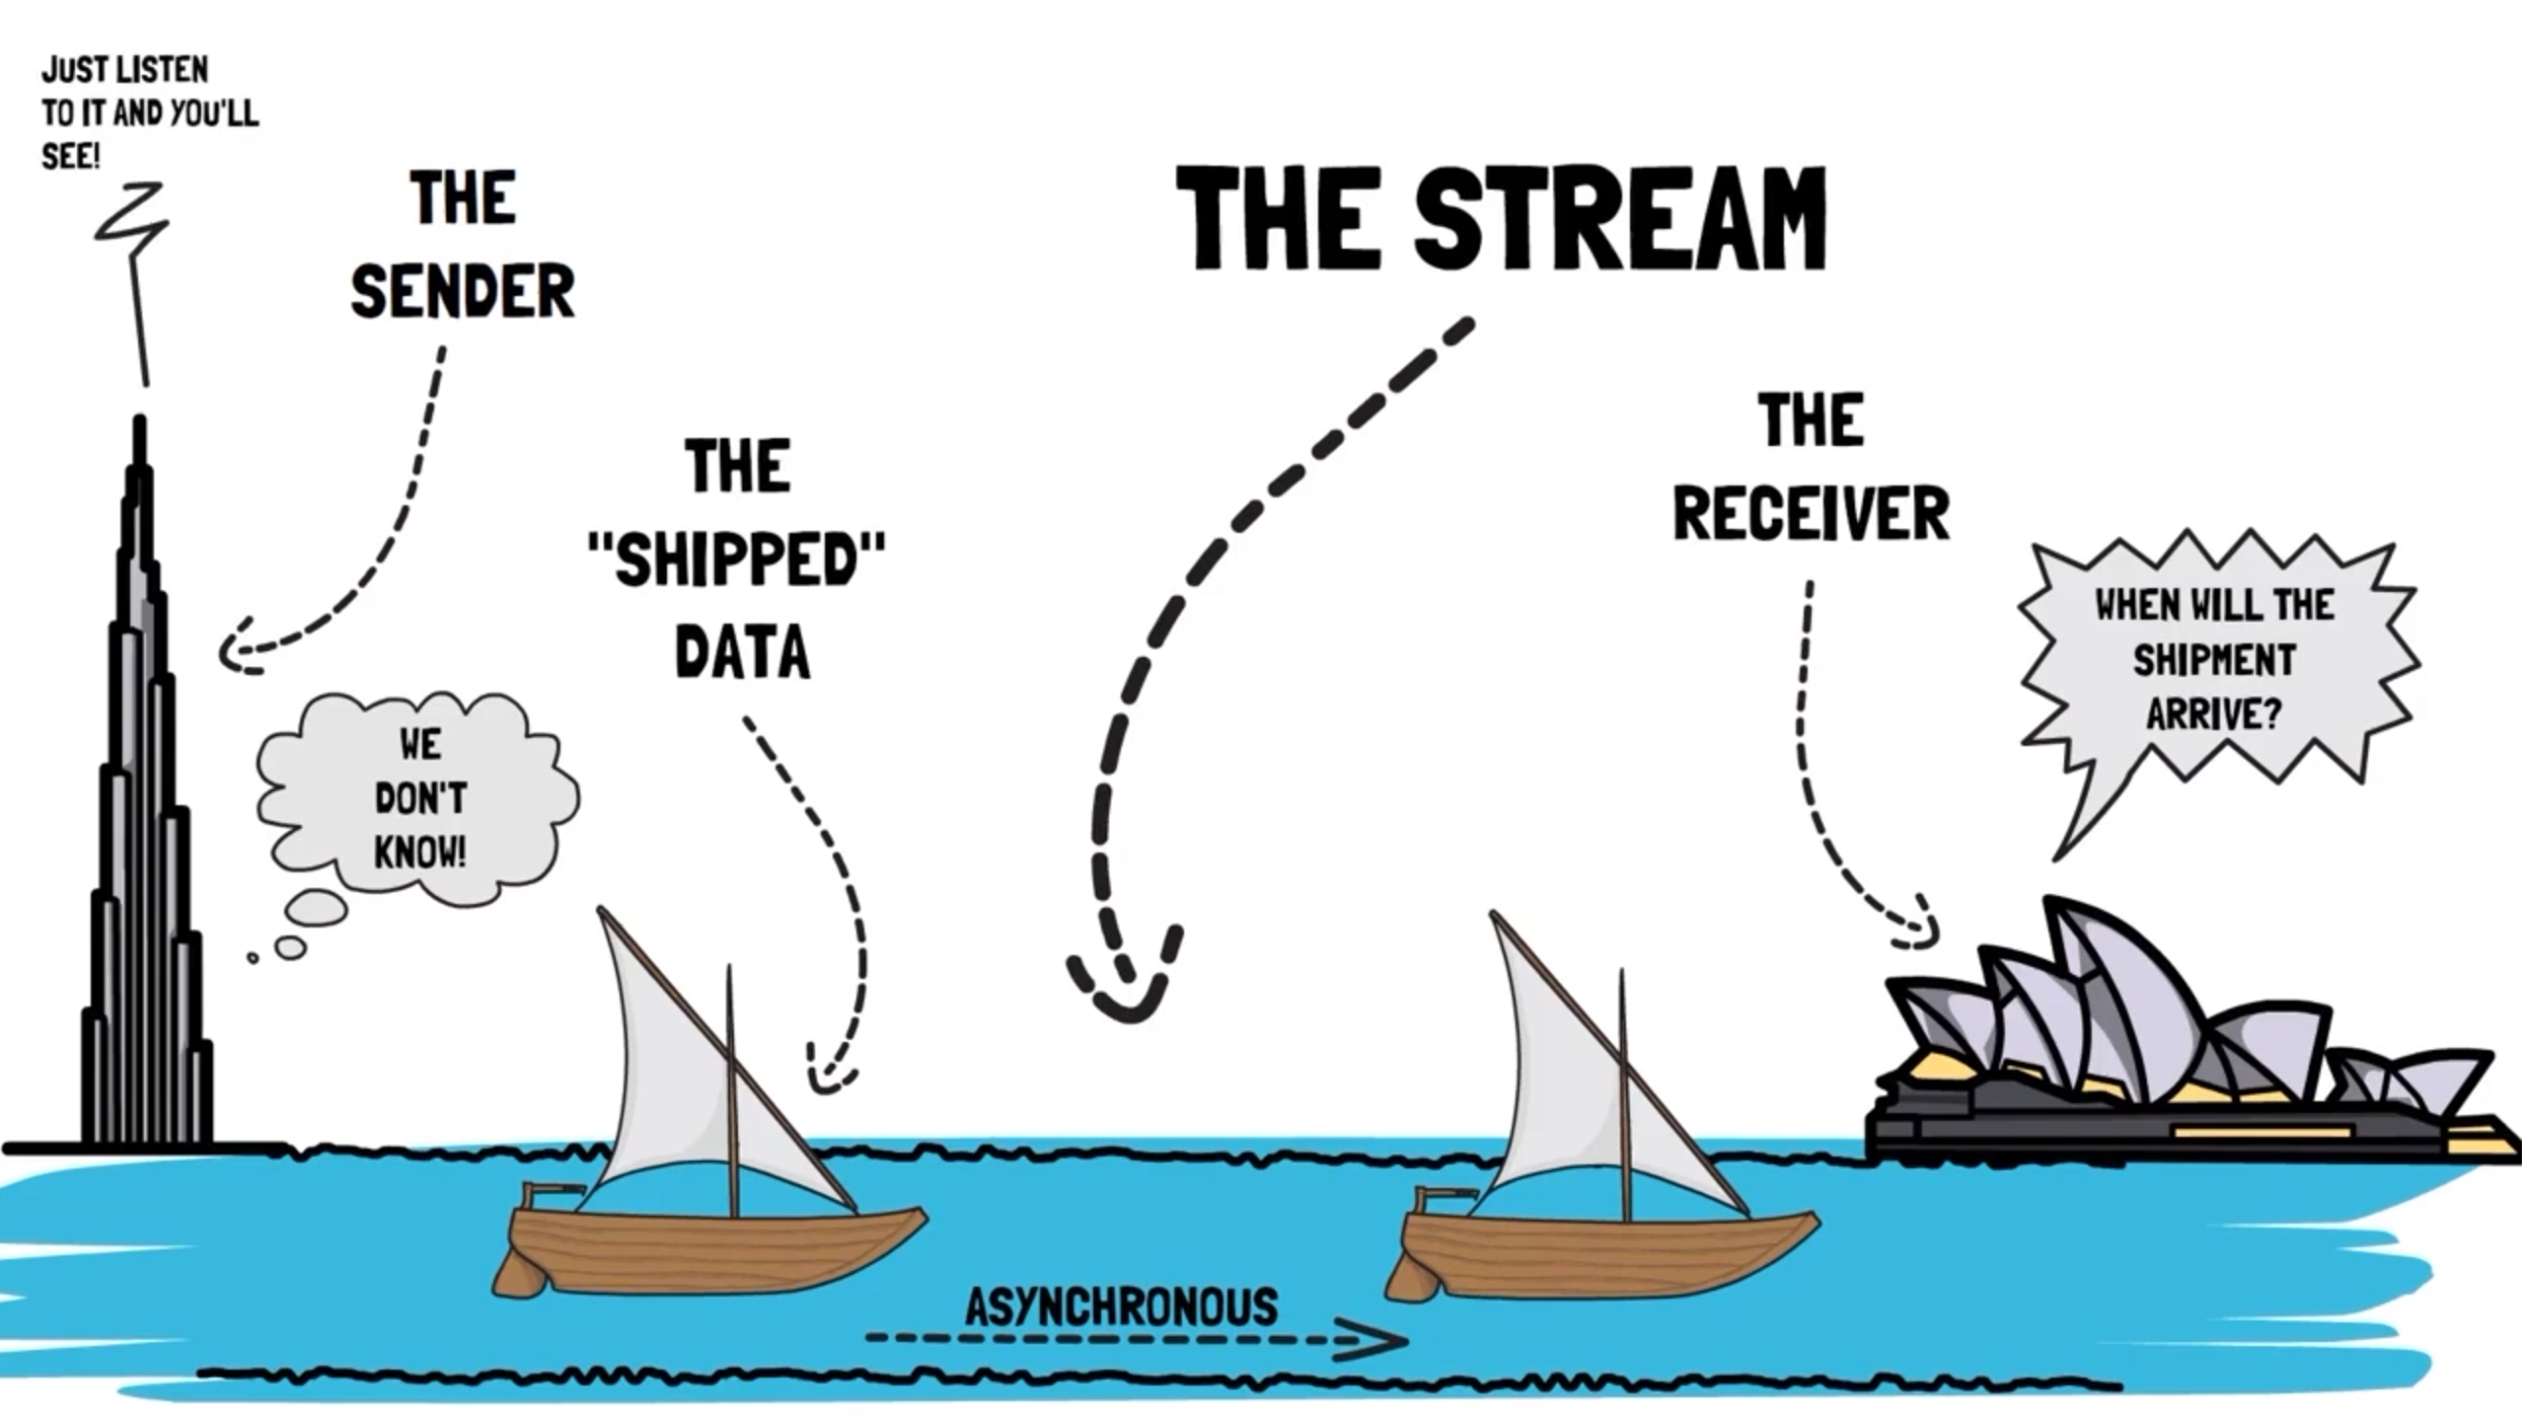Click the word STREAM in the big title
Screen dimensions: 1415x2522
pos(1620,219)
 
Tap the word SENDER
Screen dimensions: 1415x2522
pos(462,291)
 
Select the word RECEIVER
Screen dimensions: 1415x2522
pos(1811,514)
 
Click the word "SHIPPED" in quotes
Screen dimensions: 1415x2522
pos(736,559)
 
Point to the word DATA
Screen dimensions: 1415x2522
pos(742,652)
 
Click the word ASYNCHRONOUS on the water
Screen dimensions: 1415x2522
pos(1121,1306)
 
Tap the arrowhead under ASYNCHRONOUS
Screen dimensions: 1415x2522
pos(1376,1339)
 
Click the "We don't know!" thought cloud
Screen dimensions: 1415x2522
pos(419,797)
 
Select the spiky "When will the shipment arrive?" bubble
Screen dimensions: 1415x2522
pos(2214,659)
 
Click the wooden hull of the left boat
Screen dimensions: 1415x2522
pos(710,1248)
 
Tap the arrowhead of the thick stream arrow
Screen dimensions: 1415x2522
pos(1125,997)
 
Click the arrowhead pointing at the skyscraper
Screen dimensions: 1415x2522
pos(234,651)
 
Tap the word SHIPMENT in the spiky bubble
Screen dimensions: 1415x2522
pos(2214,659)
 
